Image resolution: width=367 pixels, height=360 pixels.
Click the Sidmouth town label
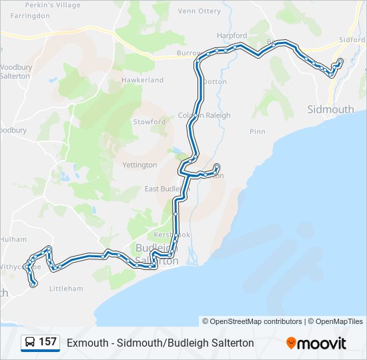pyautogui.click(x=330, y=109)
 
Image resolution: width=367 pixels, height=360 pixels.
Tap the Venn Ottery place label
pyautogui.click(x=199, y=11)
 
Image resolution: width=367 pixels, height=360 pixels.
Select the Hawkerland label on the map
pyautogui.click(x=142, y=80)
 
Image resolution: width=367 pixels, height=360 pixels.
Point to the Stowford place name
pyautogui.click(x=149, y=122)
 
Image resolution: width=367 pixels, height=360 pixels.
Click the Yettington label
pyautogui.click(x=140, y=165)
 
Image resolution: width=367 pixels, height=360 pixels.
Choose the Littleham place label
pyautogui.click(x=66, y=289)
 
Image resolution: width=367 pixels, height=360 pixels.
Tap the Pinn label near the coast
pyautogui.click(x=258, y=132)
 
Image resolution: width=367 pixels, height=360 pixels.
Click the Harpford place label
pyautogui.click(x=232, y=35)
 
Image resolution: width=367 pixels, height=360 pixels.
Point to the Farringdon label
pyautogui.click(x=30, y=15)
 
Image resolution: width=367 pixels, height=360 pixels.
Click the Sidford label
pyautogui.click(x=352, y=39)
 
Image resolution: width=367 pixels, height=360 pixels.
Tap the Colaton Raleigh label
pyautogui.click(x=204, y=115)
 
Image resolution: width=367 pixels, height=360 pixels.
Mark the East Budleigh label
pyautogui.click(x=167, y=189)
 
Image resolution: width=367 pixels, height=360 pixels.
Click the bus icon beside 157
pyautogui.click(x=30, y=343)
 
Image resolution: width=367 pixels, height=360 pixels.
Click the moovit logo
pyautogui.click(x=316, y=343)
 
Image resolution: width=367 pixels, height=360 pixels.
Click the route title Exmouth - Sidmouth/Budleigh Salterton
pyautogui.click(x=160, y=343)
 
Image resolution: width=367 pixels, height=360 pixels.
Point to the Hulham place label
pyautogui.click(x=13, y=239)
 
